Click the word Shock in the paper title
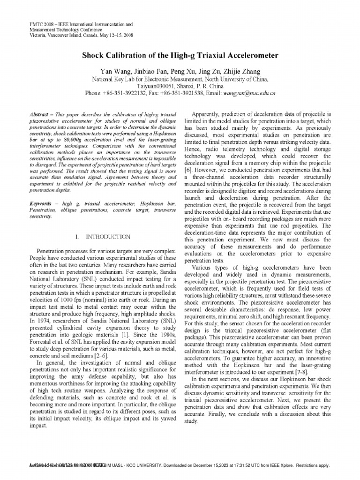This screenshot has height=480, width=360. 94,55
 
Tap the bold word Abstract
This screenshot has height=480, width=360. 39,114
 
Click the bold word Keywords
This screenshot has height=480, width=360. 41,205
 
